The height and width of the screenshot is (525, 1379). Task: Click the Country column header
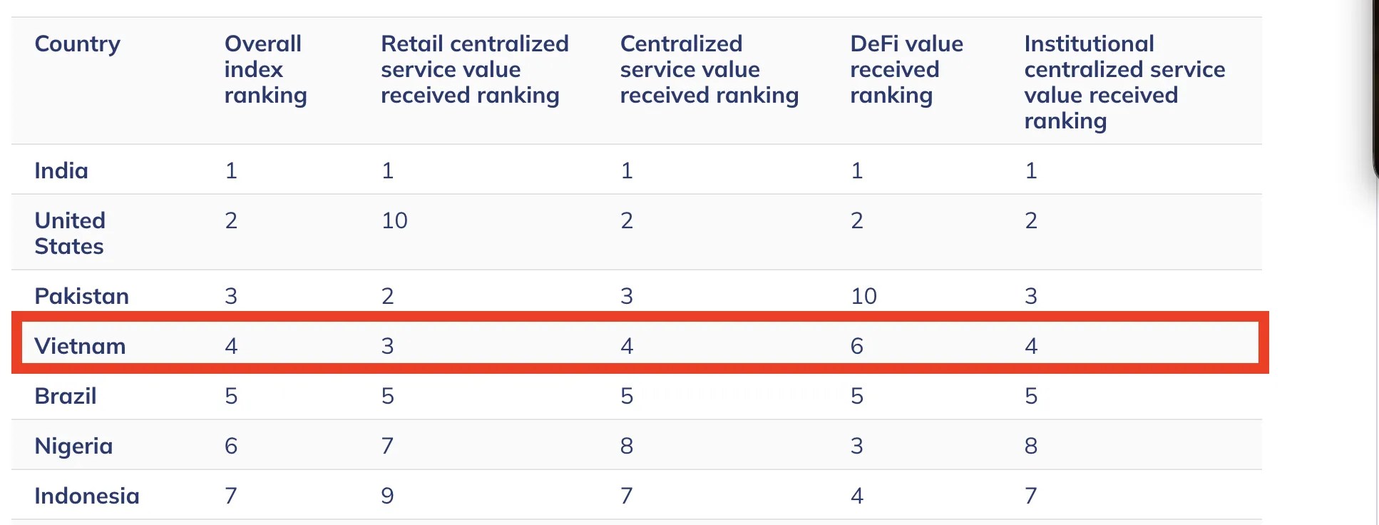78,44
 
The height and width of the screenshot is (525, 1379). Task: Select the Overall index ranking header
265,69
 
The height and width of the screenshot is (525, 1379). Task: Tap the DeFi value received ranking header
906,69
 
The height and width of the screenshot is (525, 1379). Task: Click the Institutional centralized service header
1124,82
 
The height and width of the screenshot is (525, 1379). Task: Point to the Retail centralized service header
474,69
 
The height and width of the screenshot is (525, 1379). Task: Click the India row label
61,170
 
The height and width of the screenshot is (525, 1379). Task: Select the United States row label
70,233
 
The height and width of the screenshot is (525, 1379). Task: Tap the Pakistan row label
82,296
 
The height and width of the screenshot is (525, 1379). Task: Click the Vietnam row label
80,346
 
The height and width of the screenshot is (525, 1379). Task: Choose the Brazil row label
66,396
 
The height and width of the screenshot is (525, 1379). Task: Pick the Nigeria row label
74,447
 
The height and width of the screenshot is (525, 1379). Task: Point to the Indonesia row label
87,496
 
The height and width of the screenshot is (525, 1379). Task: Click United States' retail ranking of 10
394,220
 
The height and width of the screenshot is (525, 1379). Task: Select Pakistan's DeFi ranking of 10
863,296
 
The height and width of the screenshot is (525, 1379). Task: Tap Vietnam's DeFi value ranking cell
857,346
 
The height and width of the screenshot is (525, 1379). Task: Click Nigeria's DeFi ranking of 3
857,446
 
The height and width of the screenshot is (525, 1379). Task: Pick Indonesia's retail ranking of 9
387,496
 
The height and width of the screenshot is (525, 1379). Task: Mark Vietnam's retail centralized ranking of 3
387,346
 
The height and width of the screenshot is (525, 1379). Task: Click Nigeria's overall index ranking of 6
231,446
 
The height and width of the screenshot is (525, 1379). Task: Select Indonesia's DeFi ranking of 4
857,496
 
